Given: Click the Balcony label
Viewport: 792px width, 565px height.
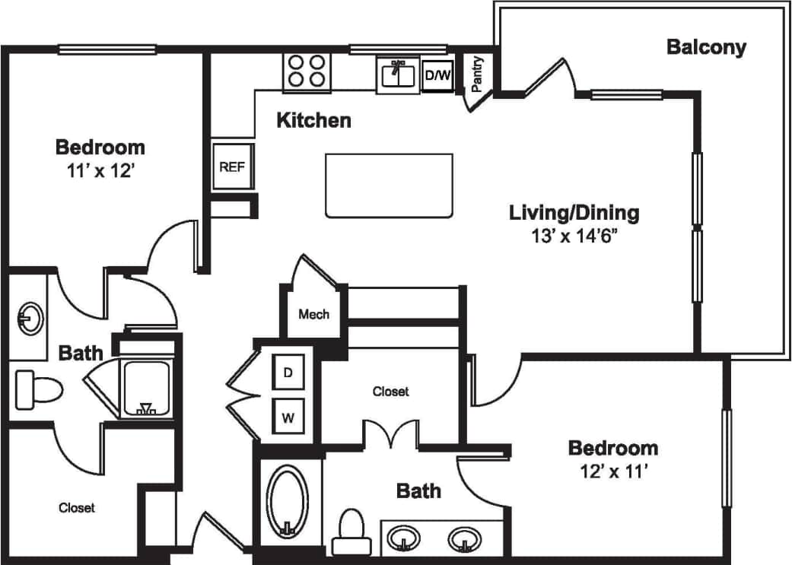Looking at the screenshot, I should [706, 47].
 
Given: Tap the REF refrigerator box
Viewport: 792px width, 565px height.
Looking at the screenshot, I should [232, 166].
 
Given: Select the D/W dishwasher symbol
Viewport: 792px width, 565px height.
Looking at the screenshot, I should [437, 75].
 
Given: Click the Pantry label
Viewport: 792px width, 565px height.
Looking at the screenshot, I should [478, 74].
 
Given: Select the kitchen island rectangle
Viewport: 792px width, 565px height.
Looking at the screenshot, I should [389, 186].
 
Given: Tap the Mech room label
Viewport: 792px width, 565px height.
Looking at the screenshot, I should [313, 314].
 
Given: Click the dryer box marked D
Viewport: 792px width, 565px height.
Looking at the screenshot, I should [288, 373].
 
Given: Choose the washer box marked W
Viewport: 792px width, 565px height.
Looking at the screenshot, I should [288, 417].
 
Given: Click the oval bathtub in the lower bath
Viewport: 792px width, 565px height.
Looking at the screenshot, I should [288, 501].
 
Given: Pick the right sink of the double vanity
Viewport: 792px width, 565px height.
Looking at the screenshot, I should [463, 539].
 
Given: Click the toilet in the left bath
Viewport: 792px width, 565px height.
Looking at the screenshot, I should [38, 390].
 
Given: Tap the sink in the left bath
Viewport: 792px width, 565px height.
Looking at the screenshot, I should [30, 318].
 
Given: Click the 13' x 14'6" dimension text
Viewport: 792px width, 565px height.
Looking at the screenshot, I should [574, 236].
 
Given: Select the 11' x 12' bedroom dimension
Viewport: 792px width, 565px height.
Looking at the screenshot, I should [100, 170].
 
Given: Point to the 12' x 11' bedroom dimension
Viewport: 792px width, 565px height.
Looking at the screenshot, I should [612, 472].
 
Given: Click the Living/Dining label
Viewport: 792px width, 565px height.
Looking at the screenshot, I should [574, 213].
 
